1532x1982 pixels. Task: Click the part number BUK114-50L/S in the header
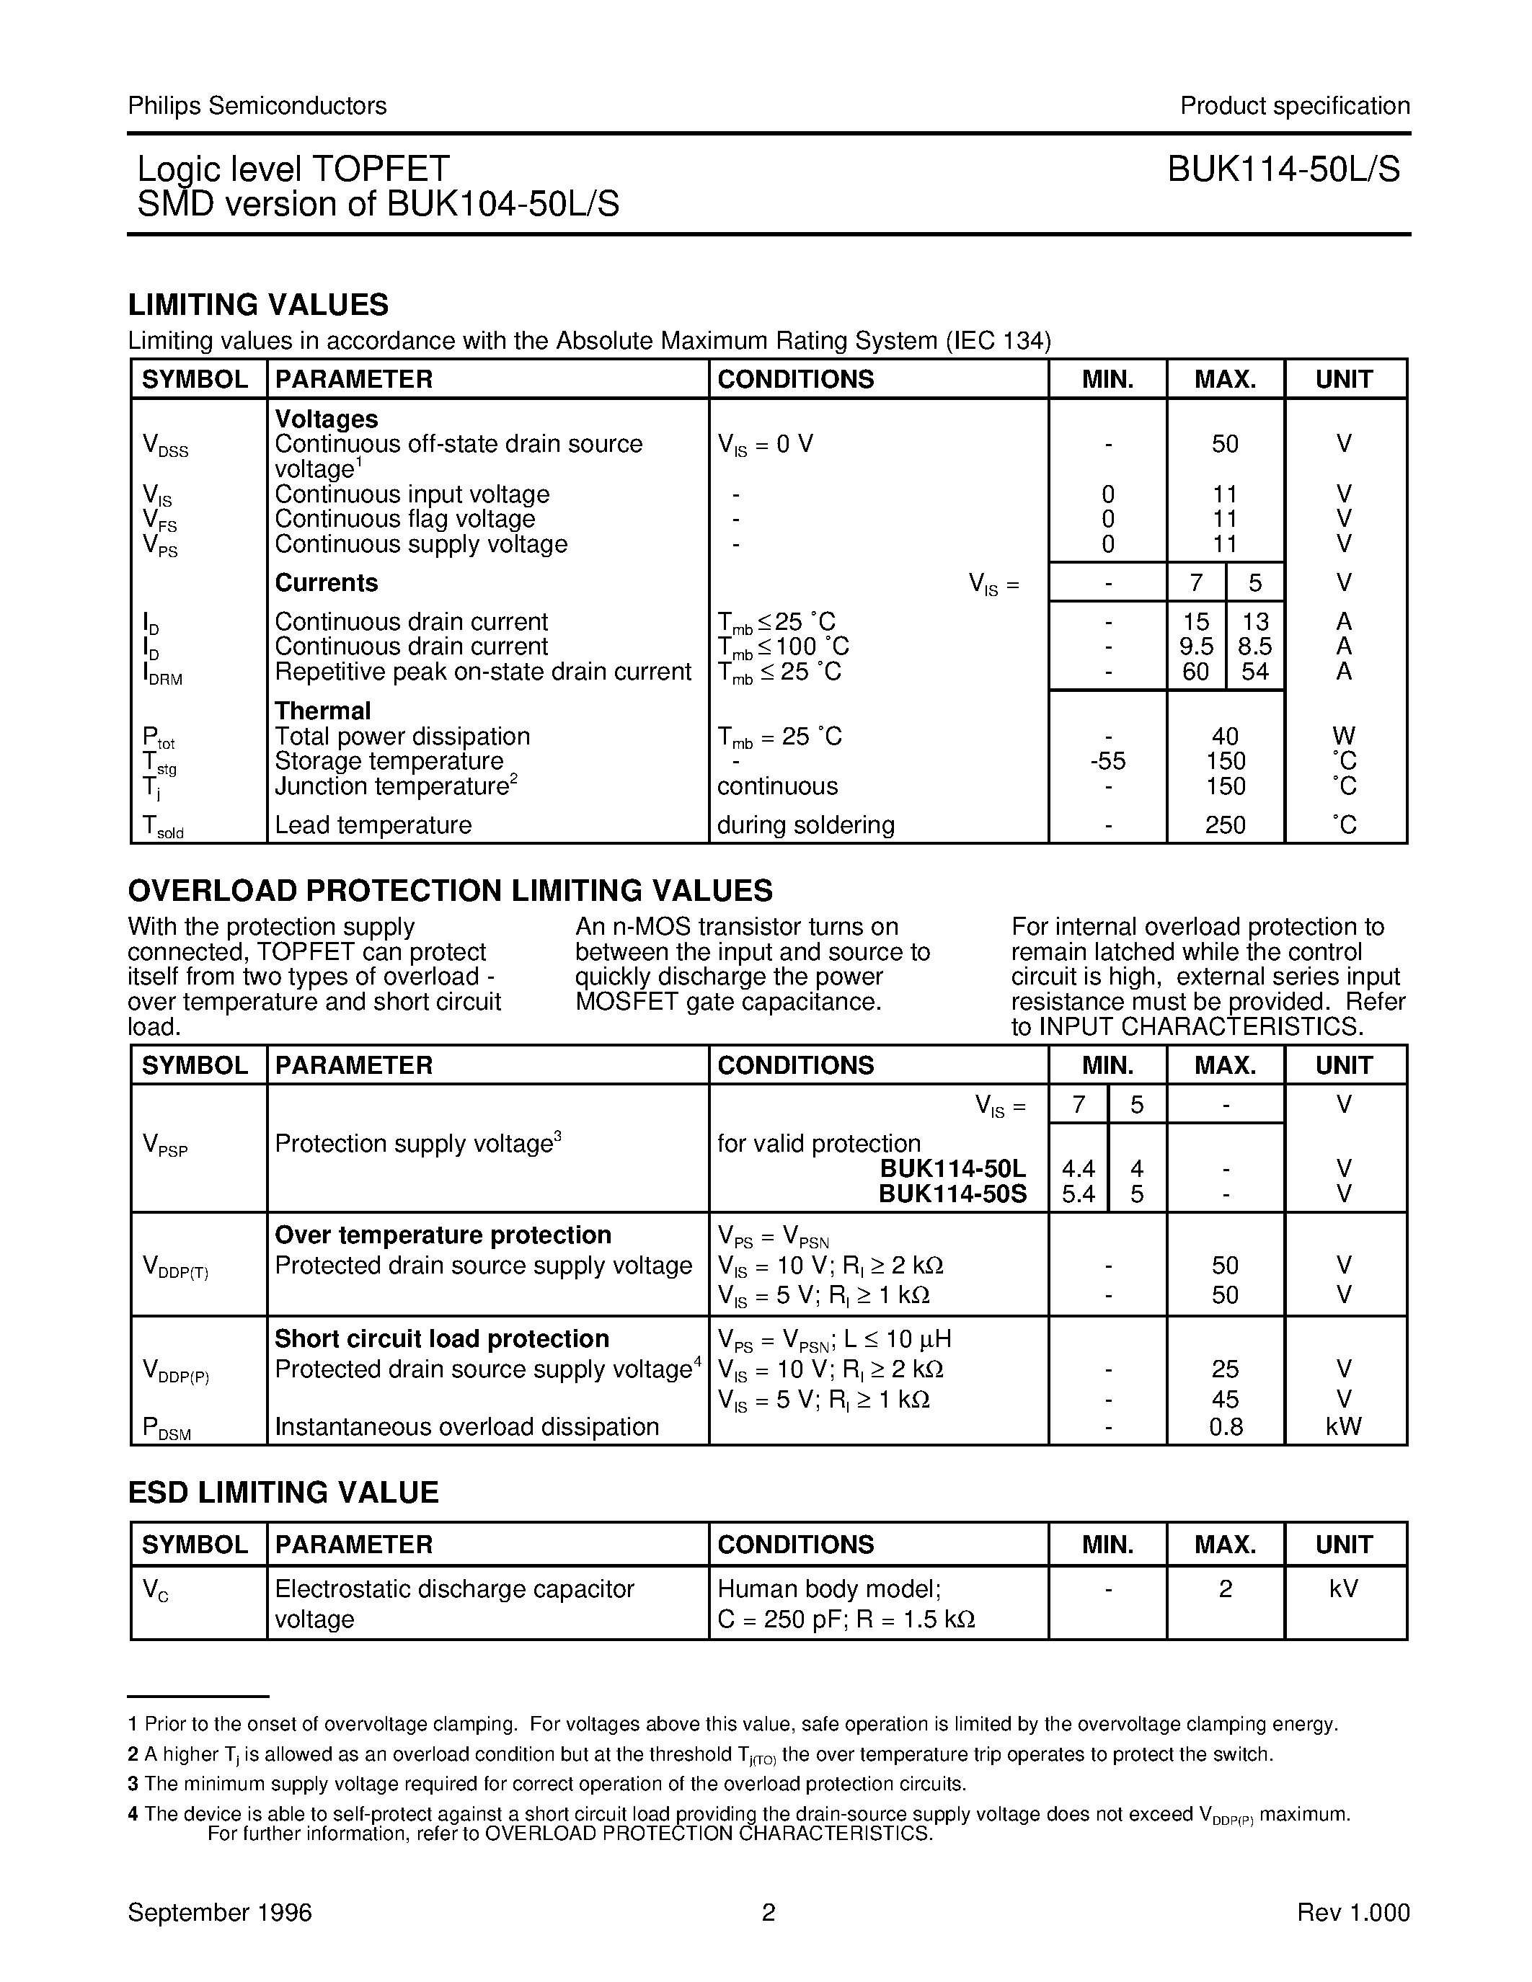click(x=1283, y=169)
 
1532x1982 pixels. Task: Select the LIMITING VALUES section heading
click(x=258, y=305)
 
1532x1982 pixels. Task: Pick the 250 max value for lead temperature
click(x=1224, y=825)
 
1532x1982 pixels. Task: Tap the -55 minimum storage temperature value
click(x=1107, y=761)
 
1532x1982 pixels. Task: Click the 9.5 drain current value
click(x=1195, y=646)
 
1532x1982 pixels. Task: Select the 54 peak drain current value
click(x=1254, y=672)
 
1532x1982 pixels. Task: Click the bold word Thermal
click(x=322, y=711)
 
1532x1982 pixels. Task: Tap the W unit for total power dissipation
click(x=1343, y=736)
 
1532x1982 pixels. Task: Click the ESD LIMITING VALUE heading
click(x=283, y=1493)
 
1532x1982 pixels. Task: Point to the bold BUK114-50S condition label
click(x=952, y=1194)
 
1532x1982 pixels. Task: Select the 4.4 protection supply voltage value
click(x=1079, y=1169)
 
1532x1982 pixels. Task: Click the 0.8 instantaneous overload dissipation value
click(x=1224, y=1428)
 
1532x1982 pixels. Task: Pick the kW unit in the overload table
click(x=1343, y=1428)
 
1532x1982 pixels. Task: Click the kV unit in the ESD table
click(x=1343, y=1589)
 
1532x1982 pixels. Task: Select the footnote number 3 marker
click(x=133, y=1785)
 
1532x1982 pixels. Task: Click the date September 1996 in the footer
click(x=220, y=1913)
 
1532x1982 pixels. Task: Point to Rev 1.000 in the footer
click(x=1352, y=1913)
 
